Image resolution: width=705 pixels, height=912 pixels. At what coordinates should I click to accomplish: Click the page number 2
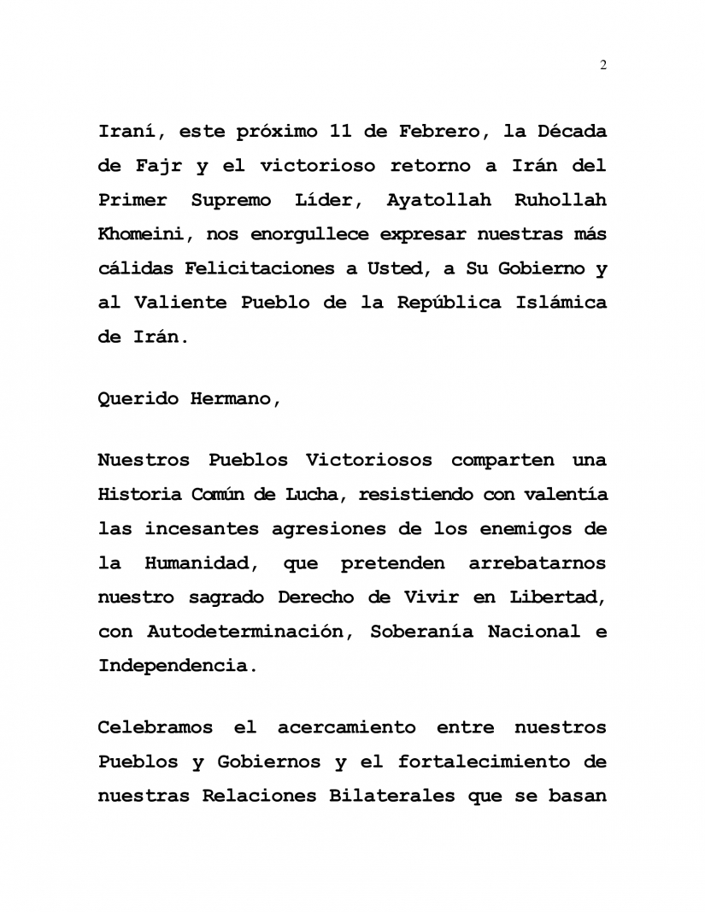(603, 66)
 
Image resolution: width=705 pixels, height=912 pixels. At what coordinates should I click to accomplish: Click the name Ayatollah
(438, 201)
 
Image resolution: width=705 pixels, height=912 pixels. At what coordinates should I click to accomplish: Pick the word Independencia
(176, 666)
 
